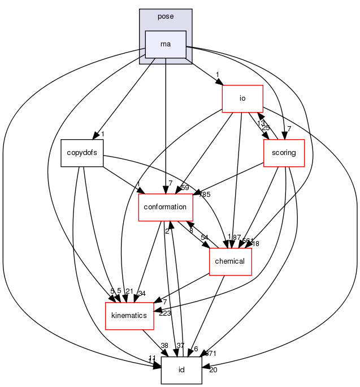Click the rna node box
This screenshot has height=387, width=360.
click(x=166, y=45)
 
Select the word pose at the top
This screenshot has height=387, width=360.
click(x=166, y=16)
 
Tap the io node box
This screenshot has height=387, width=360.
click(x=242, y=98)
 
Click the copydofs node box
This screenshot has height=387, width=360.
click(x=82, y=153)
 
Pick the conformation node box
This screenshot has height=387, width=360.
click(x=166, y=207)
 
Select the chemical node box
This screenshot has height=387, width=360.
click(x=230, y=261)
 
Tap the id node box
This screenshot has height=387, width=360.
click(x=181, y=369)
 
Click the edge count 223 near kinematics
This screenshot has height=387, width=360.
click(x=165, y=313)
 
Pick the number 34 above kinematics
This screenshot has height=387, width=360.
click(x=142, y=293)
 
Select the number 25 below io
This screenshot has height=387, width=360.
click(x=266, y=127)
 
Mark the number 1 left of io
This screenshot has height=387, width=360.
click(x=216, y=75)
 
